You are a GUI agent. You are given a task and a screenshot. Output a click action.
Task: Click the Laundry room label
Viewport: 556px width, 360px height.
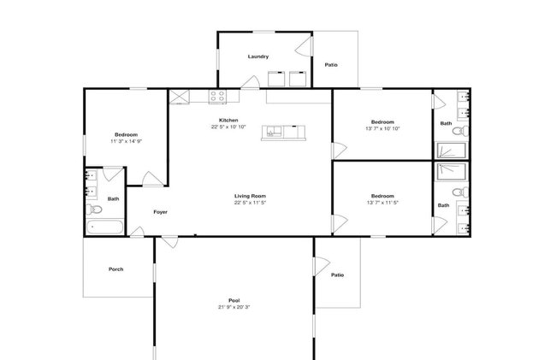coord(258,56)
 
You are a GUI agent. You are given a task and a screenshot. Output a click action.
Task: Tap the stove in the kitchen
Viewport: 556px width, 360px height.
coord(218,97)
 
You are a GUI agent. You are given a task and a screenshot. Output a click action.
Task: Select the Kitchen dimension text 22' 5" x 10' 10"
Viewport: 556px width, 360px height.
coord(228,127)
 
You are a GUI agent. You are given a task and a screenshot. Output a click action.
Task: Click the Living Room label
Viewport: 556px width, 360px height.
coord(250,196)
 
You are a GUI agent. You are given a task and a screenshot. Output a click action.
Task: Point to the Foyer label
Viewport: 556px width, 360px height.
coord(160,212)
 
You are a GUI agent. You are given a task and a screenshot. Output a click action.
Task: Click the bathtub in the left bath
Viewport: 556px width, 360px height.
coord(105,227)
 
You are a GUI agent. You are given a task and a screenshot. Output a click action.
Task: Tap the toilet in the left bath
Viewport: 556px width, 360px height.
coord(93,210)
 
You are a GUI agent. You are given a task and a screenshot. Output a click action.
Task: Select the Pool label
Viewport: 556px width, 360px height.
coord(234,300)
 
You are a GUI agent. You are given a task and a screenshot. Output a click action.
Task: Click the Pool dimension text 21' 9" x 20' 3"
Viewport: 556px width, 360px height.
coord(234,307)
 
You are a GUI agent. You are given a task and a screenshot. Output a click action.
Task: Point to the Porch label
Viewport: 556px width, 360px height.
coord(116,269)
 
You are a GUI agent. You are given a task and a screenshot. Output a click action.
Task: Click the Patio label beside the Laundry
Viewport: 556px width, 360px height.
coord(331,65)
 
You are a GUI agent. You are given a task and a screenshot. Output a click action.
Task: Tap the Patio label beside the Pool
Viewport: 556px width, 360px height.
coord(338,275)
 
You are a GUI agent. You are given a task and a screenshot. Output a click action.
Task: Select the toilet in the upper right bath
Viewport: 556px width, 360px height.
coord(460,131)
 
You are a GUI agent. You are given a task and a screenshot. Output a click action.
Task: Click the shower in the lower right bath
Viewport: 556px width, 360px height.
coord(451,172)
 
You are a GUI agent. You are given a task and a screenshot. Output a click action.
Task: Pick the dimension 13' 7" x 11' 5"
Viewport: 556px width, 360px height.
coord(382,203)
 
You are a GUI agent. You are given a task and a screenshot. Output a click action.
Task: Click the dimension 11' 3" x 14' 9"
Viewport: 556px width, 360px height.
coord(127,141)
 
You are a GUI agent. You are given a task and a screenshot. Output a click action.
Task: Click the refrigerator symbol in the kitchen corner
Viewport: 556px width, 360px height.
coord(179,97)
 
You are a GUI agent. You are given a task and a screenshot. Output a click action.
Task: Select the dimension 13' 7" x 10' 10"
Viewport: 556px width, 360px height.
coord(382,128)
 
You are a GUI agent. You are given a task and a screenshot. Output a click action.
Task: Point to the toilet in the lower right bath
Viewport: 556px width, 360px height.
coord(460,192)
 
